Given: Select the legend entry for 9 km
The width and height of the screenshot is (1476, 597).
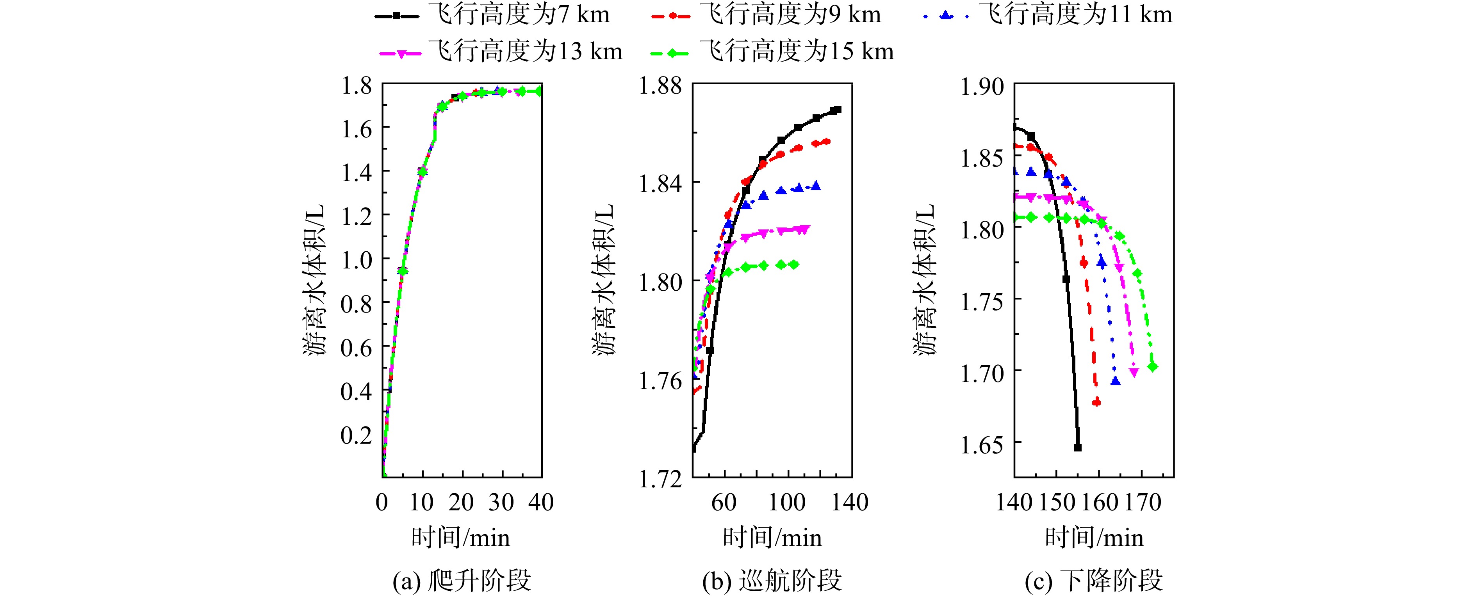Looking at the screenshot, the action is [766, 15].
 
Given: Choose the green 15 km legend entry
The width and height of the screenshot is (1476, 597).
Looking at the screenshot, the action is [772, 52].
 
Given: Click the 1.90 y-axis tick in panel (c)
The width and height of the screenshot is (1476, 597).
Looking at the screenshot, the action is [982, 87].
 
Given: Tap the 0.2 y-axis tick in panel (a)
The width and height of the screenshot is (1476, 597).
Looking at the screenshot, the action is [357, 435].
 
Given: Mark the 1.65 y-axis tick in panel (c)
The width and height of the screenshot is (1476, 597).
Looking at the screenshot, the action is [982, 445].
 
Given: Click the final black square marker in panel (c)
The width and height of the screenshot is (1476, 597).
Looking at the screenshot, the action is [1078, 448].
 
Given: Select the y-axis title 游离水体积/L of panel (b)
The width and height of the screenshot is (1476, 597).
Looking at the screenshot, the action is [603, 279].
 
